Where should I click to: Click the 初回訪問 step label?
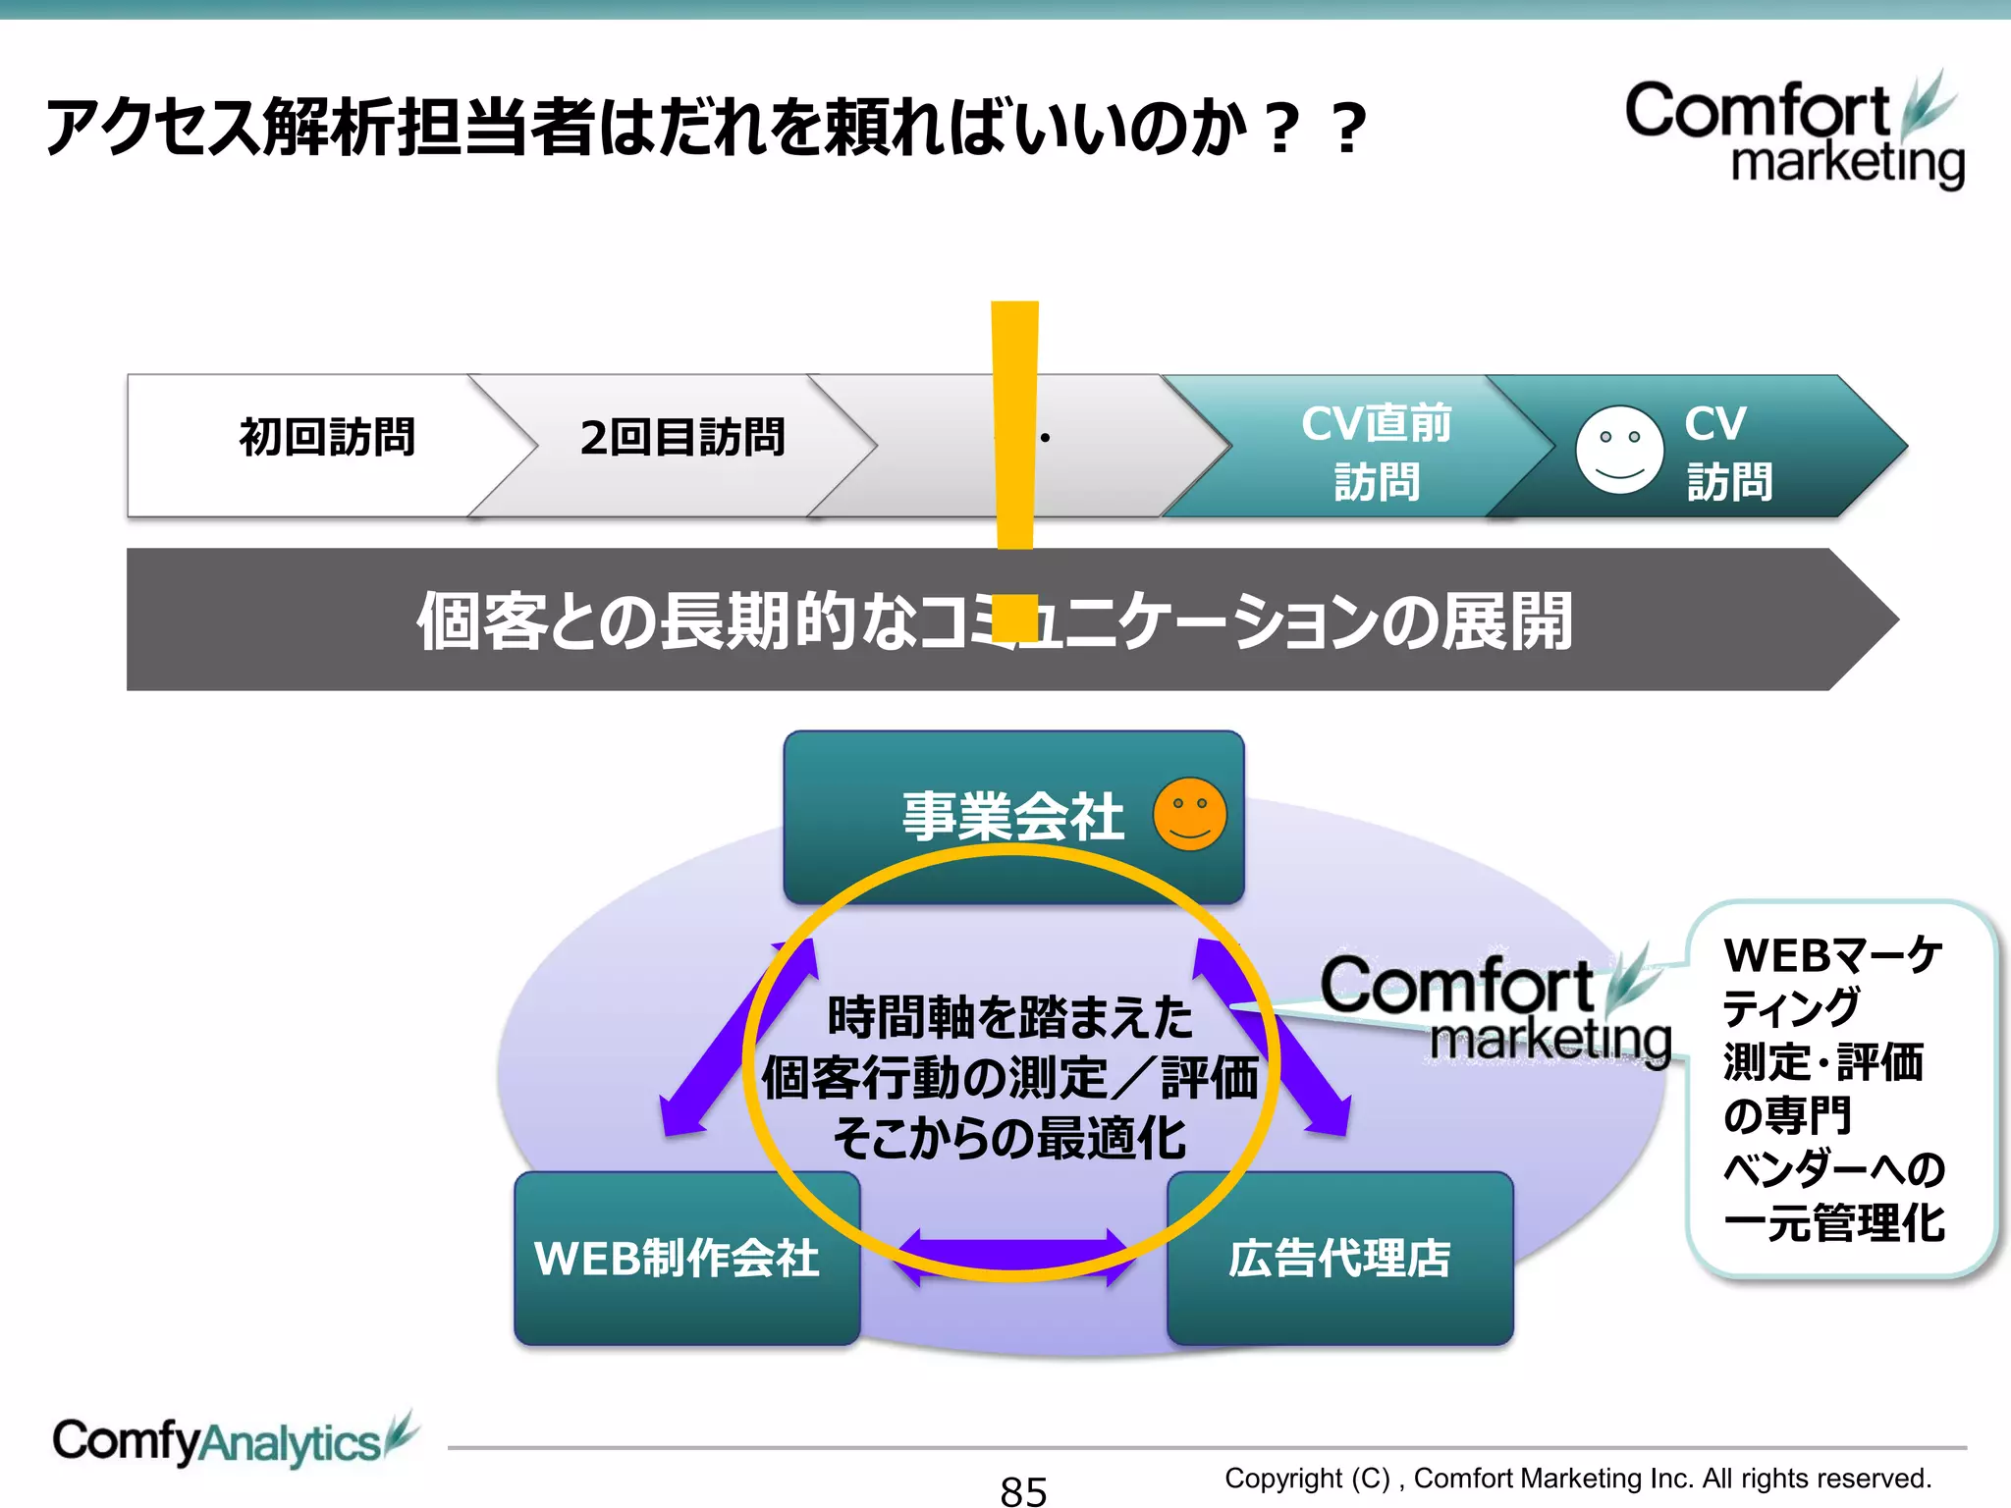[327, 438]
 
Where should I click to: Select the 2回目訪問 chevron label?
[682, 438]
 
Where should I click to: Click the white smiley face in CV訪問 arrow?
[1618, 450]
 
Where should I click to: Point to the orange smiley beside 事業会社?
[1189, 815]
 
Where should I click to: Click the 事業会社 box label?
[1011, 817]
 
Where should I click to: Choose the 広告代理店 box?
[1339, 1258]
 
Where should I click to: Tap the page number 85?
[1023, 1490]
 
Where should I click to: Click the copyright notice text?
[1577, 1478]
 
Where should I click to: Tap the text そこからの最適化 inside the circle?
[1009, 1139]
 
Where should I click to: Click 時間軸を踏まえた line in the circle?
[1009, 1017]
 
